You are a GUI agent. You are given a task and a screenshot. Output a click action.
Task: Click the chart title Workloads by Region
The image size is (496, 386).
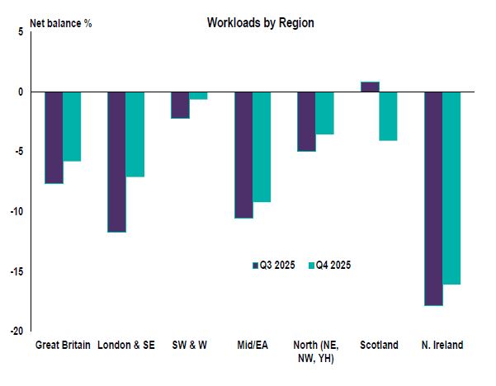pyautogui.click(x=260, y=23)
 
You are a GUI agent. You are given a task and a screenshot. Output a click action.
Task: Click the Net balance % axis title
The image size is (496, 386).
pyautogui.click(x=60, y=23)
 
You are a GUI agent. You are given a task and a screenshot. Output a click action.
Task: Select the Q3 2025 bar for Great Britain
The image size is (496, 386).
pyautogui.click(x=54, y=137)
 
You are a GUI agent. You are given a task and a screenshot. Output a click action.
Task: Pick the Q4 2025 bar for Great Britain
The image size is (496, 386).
pyautogui.click(x=72, y=126)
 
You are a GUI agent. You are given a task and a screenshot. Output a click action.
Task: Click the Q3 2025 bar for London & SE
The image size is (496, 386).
pyautogui.click(x=116, y=162)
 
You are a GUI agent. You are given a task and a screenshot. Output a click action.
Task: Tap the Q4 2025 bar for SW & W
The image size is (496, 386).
pyautogui.click(x=198, y=96)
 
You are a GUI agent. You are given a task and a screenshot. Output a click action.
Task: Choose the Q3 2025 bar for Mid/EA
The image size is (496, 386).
pyautogui.click(x=243, y=154)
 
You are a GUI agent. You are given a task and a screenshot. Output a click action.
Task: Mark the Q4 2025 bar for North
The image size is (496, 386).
pyautogui.click(x=324, y=113)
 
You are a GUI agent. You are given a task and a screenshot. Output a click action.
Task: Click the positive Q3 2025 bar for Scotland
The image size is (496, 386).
pyautogui.click(x=370, y=87)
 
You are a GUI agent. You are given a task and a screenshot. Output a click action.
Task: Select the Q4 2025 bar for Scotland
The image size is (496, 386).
pyautogui.click(x=388, y=116)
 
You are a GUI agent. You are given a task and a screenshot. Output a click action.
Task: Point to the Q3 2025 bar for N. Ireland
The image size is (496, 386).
pyautogui.click(x=433, y=198)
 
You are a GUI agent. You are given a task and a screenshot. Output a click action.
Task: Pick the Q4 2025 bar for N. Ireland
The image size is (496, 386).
pyautogui.click(x=451, y=188)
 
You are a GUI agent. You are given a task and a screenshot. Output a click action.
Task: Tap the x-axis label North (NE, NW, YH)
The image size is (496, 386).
pyautogui.click(x=315, y=351)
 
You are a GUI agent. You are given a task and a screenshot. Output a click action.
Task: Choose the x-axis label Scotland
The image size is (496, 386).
pyautogui.click(x=379, y=345)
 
